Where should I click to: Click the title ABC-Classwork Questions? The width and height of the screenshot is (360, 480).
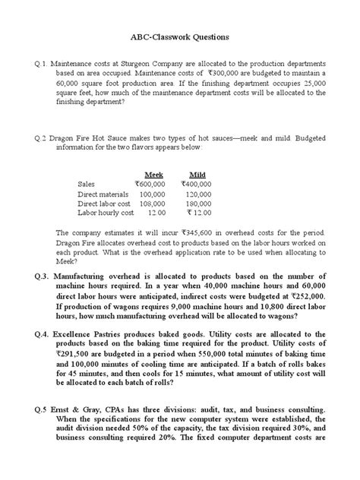(x=179, y=36)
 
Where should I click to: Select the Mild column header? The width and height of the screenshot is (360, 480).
(x=197, y=174)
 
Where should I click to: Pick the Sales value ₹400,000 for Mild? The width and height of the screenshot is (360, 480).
(x=197, y=184)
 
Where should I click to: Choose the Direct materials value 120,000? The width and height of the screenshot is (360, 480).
(x=199, y=194)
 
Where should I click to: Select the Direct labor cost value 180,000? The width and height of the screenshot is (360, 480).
(x=199, y=204)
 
